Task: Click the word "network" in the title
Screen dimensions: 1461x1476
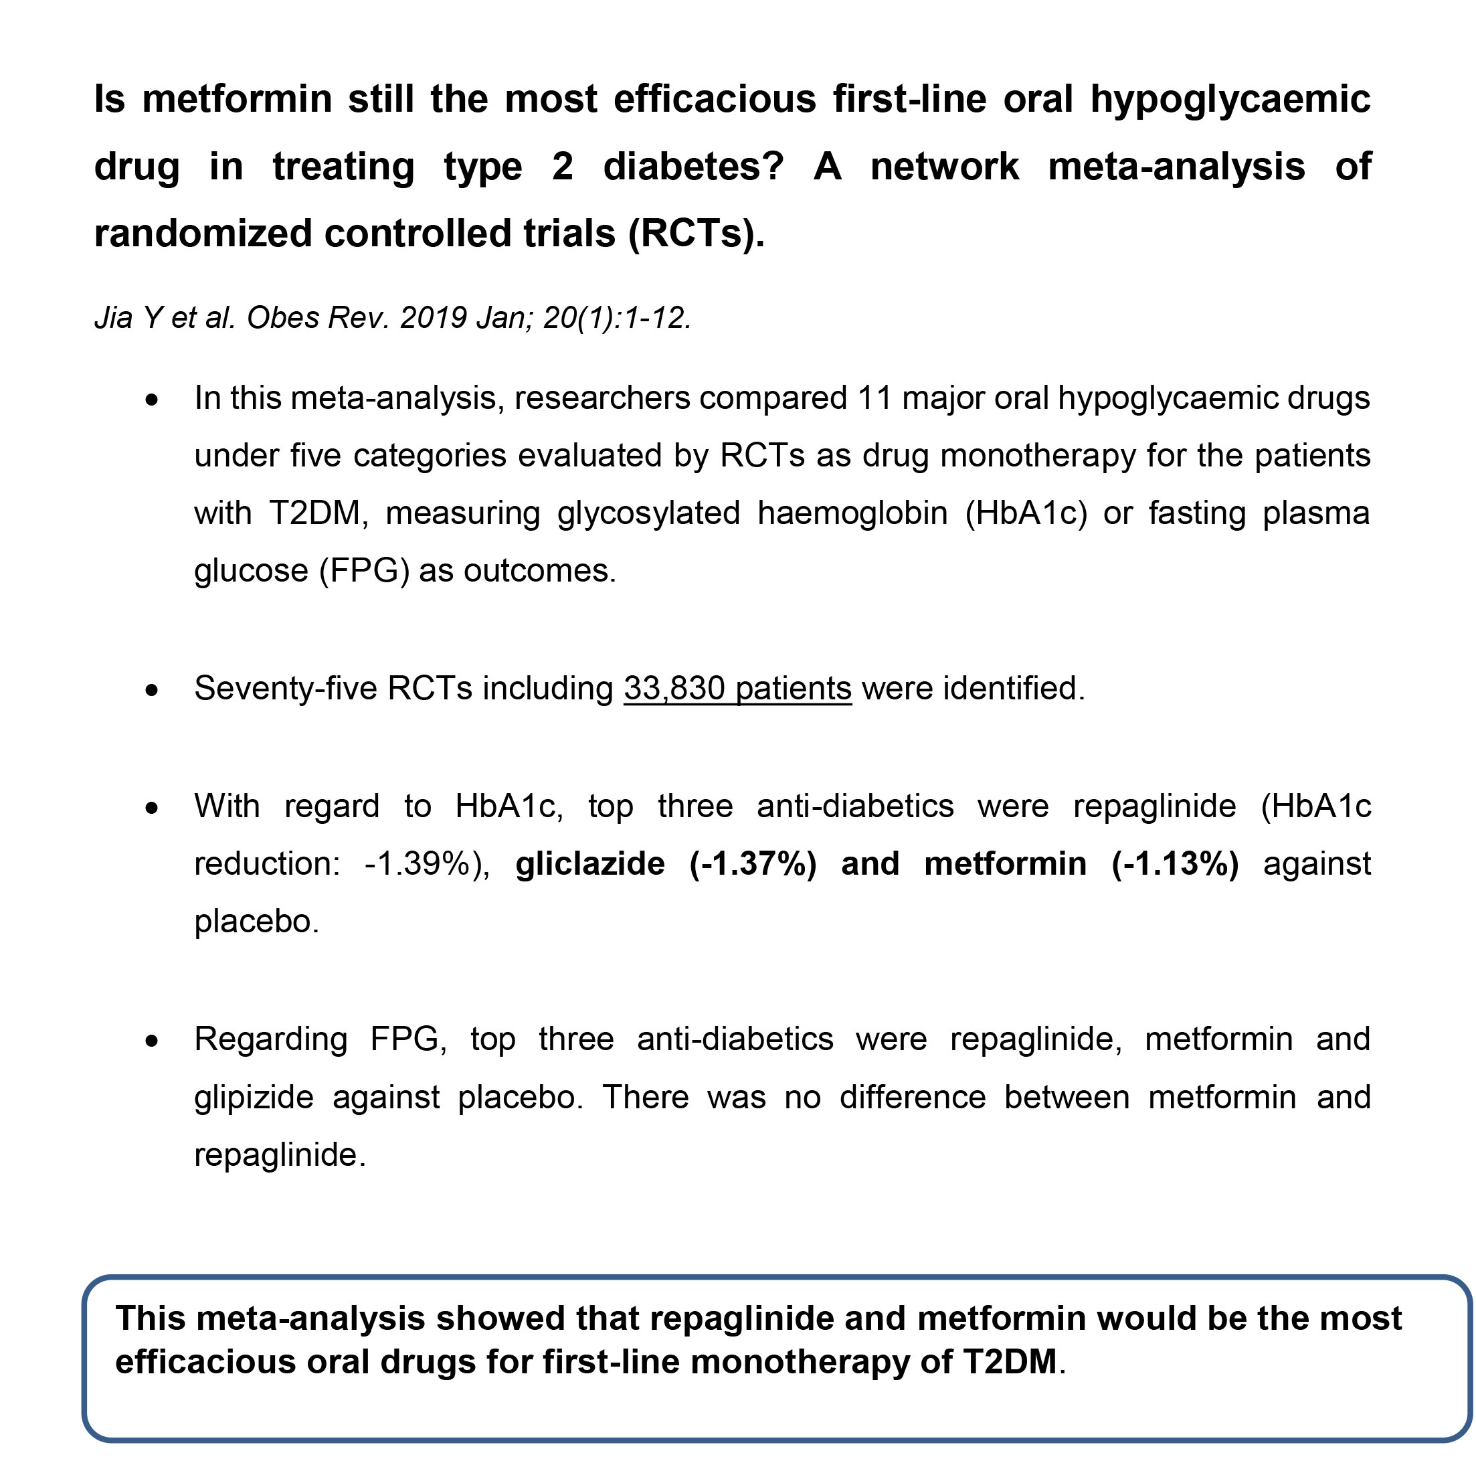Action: (944, 167)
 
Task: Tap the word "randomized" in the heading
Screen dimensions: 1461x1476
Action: (201, 233)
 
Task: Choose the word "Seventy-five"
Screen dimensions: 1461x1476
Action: (286, 689)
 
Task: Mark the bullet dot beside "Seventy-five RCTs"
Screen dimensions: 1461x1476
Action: (153, 690)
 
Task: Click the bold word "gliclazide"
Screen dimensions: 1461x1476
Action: (589, 864)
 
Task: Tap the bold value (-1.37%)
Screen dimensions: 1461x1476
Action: (753, 864)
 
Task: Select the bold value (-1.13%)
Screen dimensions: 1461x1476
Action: (1175, 864)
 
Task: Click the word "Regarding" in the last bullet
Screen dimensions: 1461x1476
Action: (271, 1039)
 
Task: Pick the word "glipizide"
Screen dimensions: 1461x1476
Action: (254, 1098)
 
